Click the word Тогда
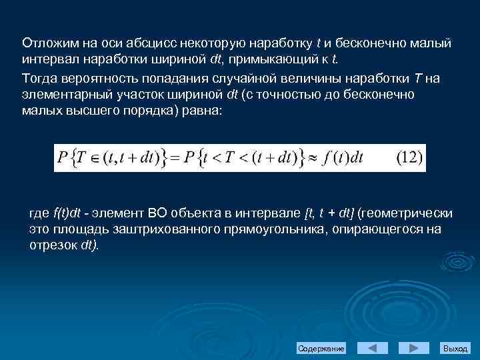(39, 77)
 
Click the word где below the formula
(39, 213)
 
